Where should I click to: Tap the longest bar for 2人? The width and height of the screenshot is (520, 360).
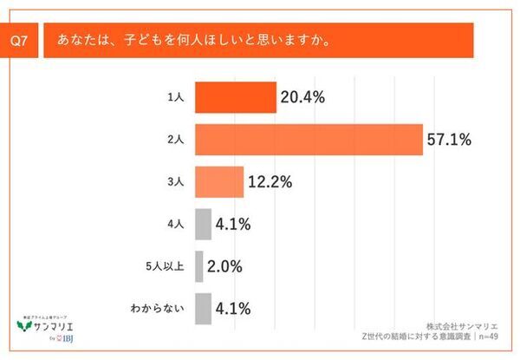tap(309, 140)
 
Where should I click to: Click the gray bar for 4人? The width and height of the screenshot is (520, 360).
tap(204, 224)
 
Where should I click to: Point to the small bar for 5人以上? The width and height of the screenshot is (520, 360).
tap(199, 265)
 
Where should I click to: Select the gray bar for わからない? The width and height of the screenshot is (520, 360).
tap(204, 307)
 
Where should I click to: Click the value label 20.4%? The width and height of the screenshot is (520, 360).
tap(302, 97)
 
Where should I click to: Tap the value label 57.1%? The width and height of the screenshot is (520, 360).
tap(448, 140)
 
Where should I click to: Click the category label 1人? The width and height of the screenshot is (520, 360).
tap(177, 97)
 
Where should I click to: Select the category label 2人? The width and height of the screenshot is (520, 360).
tap(177, 140)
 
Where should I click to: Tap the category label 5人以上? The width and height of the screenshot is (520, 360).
tap(167, 265)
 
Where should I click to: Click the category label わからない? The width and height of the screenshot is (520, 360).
tap(161, 307)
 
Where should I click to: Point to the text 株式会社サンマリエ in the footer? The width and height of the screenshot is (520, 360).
tap(468, 326)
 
